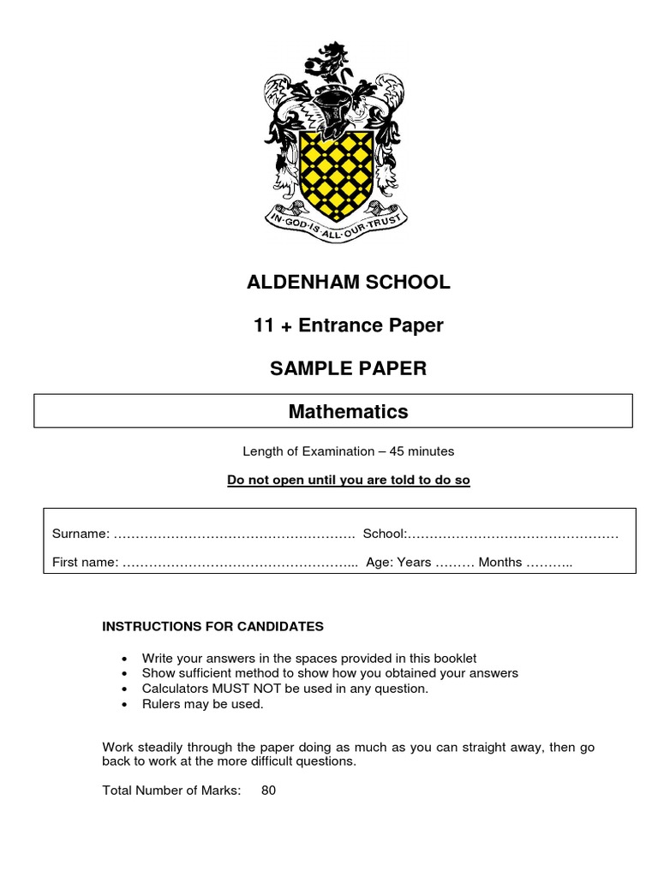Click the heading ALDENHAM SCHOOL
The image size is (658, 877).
[348, 283]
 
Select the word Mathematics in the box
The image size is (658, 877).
[348, 412]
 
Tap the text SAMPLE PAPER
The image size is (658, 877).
[348, 368]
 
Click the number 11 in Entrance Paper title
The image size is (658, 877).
[263, 325]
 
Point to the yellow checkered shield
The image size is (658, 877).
[334, 166]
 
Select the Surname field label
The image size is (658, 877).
[81, 534]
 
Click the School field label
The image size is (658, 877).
[384, 534]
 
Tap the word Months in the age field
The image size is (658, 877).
[499, 563]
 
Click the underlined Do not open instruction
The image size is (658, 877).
[348, 480]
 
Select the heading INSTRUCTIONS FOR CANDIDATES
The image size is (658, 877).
[212, 626]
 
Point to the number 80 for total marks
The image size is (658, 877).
[268, 790]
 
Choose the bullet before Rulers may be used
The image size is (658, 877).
[125, 705]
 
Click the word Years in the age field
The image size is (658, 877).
[415, 563]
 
